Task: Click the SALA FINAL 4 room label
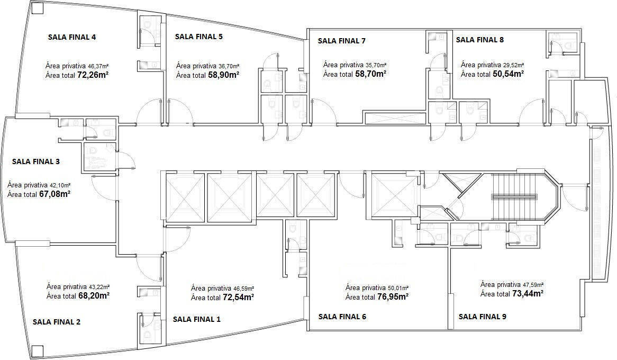click(72, 37)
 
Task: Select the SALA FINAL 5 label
click(198, 37)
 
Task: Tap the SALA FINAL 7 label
click(341, 40)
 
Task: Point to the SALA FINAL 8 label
click(480, 39)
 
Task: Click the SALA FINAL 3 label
click(35, 161)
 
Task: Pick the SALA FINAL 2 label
click(57, 321)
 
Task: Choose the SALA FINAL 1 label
click(197, 319)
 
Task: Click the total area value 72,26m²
click(93, 75)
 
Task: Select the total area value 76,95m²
click(392, 297)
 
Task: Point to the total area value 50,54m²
click(508, 74)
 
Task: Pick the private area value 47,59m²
click(530, 284)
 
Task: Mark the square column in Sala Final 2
click(37, 350)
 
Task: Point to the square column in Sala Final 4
click(37, 8)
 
